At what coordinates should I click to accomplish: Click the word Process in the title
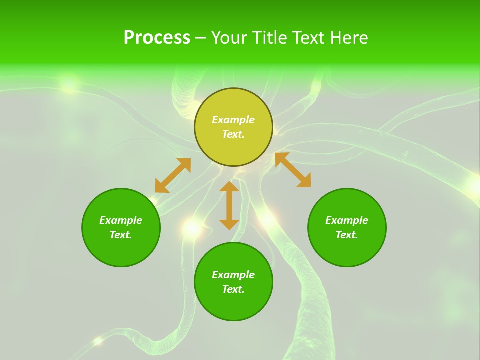point(157,38)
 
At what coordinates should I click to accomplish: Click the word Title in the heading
point(267,38)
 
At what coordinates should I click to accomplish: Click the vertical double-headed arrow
point(229,205)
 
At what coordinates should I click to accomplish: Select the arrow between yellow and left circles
point(173,175)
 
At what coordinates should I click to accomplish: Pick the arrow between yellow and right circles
point(293,170)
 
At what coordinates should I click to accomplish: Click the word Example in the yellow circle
point(233,120)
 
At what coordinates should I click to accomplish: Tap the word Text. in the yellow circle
point(233,134)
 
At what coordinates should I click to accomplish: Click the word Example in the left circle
point(121,220)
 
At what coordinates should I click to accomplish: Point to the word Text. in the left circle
point(121,235)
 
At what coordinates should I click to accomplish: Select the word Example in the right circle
point(347,220)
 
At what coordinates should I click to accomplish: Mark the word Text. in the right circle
point(347,235)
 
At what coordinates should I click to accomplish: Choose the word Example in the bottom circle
point(233,275)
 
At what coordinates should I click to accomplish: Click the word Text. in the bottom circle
point(233,289)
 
